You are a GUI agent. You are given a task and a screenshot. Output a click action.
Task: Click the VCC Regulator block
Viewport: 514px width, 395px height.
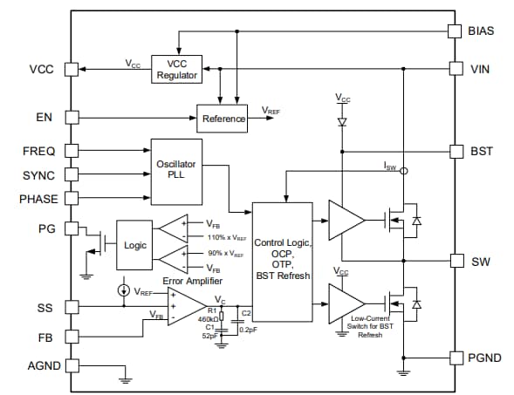[177, 69]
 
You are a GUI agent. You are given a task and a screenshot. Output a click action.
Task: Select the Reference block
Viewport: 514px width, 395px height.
[223, 119]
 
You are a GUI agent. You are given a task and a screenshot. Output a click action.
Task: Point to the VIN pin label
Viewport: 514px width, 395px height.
[482, 67]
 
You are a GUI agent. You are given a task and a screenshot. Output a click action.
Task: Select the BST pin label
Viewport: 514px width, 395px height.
[482, 151]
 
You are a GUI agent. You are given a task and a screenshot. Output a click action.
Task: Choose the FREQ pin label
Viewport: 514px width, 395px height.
[39, 152]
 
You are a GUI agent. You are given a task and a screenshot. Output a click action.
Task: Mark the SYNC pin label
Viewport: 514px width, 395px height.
[39, 175]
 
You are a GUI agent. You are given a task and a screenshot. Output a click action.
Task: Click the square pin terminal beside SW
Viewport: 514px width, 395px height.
[454, 261]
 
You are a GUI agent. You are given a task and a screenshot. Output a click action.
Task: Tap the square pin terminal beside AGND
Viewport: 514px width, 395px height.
[73, 365]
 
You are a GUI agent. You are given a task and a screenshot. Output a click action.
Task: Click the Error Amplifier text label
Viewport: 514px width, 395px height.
[190, 281]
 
